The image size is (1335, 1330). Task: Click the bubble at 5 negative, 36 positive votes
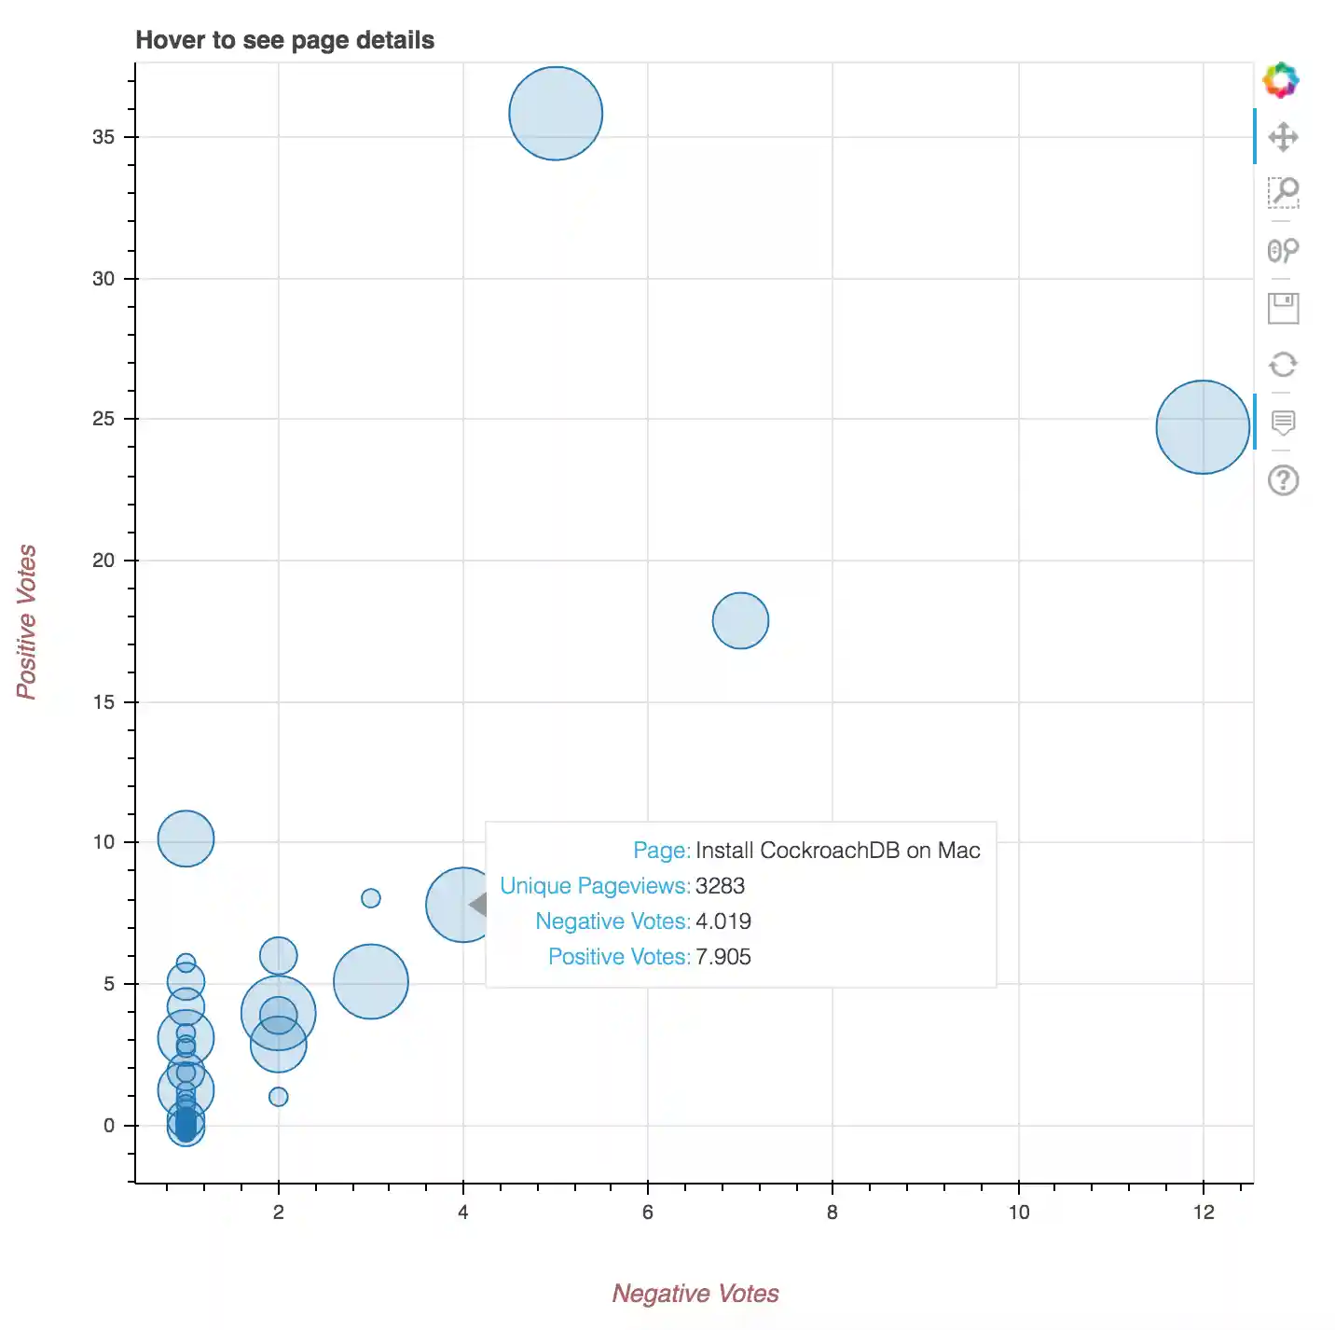click(556, 114)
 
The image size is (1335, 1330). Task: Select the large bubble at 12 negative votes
click(1203, 427)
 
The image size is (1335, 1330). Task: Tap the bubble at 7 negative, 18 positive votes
click(740, 620)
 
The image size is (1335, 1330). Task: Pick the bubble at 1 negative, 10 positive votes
click(186, 838)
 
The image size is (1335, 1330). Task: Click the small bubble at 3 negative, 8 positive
click(371, 898)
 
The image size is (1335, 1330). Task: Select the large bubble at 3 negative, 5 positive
click(371, 981)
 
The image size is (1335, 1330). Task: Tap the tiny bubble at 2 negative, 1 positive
click(278, 1097)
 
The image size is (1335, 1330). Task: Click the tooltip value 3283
click(720, 886)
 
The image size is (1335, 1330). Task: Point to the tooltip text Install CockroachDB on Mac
click(837, 851)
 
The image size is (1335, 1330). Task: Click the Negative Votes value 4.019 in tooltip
click(723, 921)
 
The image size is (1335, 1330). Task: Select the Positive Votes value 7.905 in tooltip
click(723, 957)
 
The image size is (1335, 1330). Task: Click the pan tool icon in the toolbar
click(1284, 137)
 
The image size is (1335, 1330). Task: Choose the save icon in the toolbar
click(1284, 308)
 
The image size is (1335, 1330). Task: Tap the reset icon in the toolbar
click(1284, 365)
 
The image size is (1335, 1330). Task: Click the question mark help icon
click(1284, 480)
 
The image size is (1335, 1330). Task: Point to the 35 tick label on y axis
click(103, 137)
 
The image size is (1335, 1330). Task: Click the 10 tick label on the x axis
click(1018, 1212)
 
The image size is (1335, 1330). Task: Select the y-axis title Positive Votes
click(27, 622)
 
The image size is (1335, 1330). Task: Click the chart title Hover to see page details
click(285, 40)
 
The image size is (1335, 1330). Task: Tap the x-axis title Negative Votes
click(695, 1294)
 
